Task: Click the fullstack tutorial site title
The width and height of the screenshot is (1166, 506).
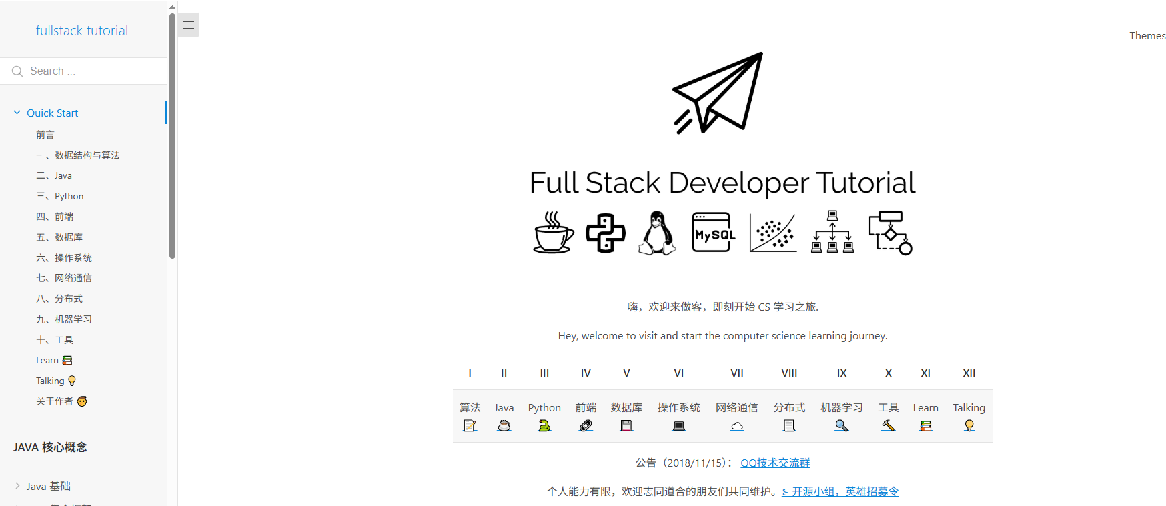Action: point(82,31)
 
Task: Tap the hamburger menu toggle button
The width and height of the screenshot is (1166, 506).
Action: point(189,25)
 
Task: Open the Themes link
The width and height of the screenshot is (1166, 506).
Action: point(1147,36)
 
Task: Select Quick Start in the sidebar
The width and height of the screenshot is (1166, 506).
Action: point(52,113)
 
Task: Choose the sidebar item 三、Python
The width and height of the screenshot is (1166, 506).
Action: point(60,196)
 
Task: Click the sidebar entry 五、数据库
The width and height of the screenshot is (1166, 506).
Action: point(59,237)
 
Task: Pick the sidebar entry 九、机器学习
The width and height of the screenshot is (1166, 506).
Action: point(64,319)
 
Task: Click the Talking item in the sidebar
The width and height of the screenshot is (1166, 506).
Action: point(51,381)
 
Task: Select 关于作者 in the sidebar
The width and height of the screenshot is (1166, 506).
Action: point(55,401)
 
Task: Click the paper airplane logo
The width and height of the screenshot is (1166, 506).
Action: point(718,93)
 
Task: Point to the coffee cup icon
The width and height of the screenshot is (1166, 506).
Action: point(554,233)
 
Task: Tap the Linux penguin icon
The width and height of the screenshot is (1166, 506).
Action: point(658,233)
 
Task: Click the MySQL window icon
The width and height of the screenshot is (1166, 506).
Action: point(714,233)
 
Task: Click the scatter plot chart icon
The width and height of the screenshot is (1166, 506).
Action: point(773,233)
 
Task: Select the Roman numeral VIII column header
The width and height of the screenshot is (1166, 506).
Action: point(789,373)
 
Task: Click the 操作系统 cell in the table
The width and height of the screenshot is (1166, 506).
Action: point(678,408)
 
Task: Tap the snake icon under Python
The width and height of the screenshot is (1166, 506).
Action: point(544,426)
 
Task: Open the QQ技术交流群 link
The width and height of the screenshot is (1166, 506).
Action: point(775,463)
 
